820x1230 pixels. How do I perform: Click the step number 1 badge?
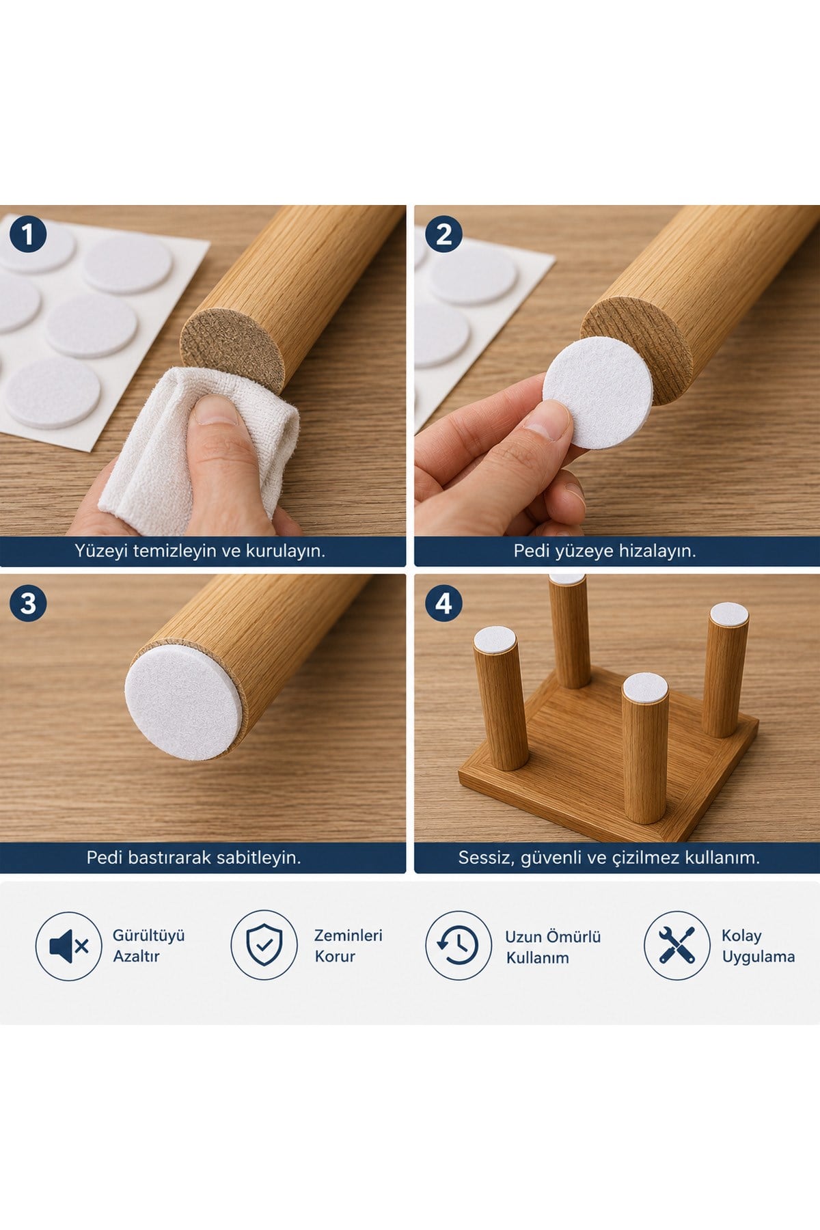[28, 235]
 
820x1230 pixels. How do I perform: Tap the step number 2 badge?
[443, 235]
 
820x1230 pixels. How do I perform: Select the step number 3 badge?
[28, 603]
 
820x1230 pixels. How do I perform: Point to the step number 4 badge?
[443, 603]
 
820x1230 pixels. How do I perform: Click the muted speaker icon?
[68, 946]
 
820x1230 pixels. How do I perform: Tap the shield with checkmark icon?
[264, 945]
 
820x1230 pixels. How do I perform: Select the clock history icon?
[459, 945]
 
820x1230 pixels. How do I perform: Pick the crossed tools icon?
[677, 945]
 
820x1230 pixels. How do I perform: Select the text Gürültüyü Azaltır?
[149, 946]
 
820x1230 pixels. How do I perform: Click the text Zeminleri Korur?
[348, 946]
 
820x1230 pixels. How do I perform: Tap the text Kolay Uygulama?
[758, 946]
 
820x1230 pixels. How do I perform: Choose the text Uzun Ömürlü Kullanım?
[553, 946]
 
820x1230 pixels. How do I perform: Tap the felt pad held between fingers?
[598, 393]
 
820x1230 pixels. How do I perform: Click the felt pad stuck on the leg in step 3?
[183, 702]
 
